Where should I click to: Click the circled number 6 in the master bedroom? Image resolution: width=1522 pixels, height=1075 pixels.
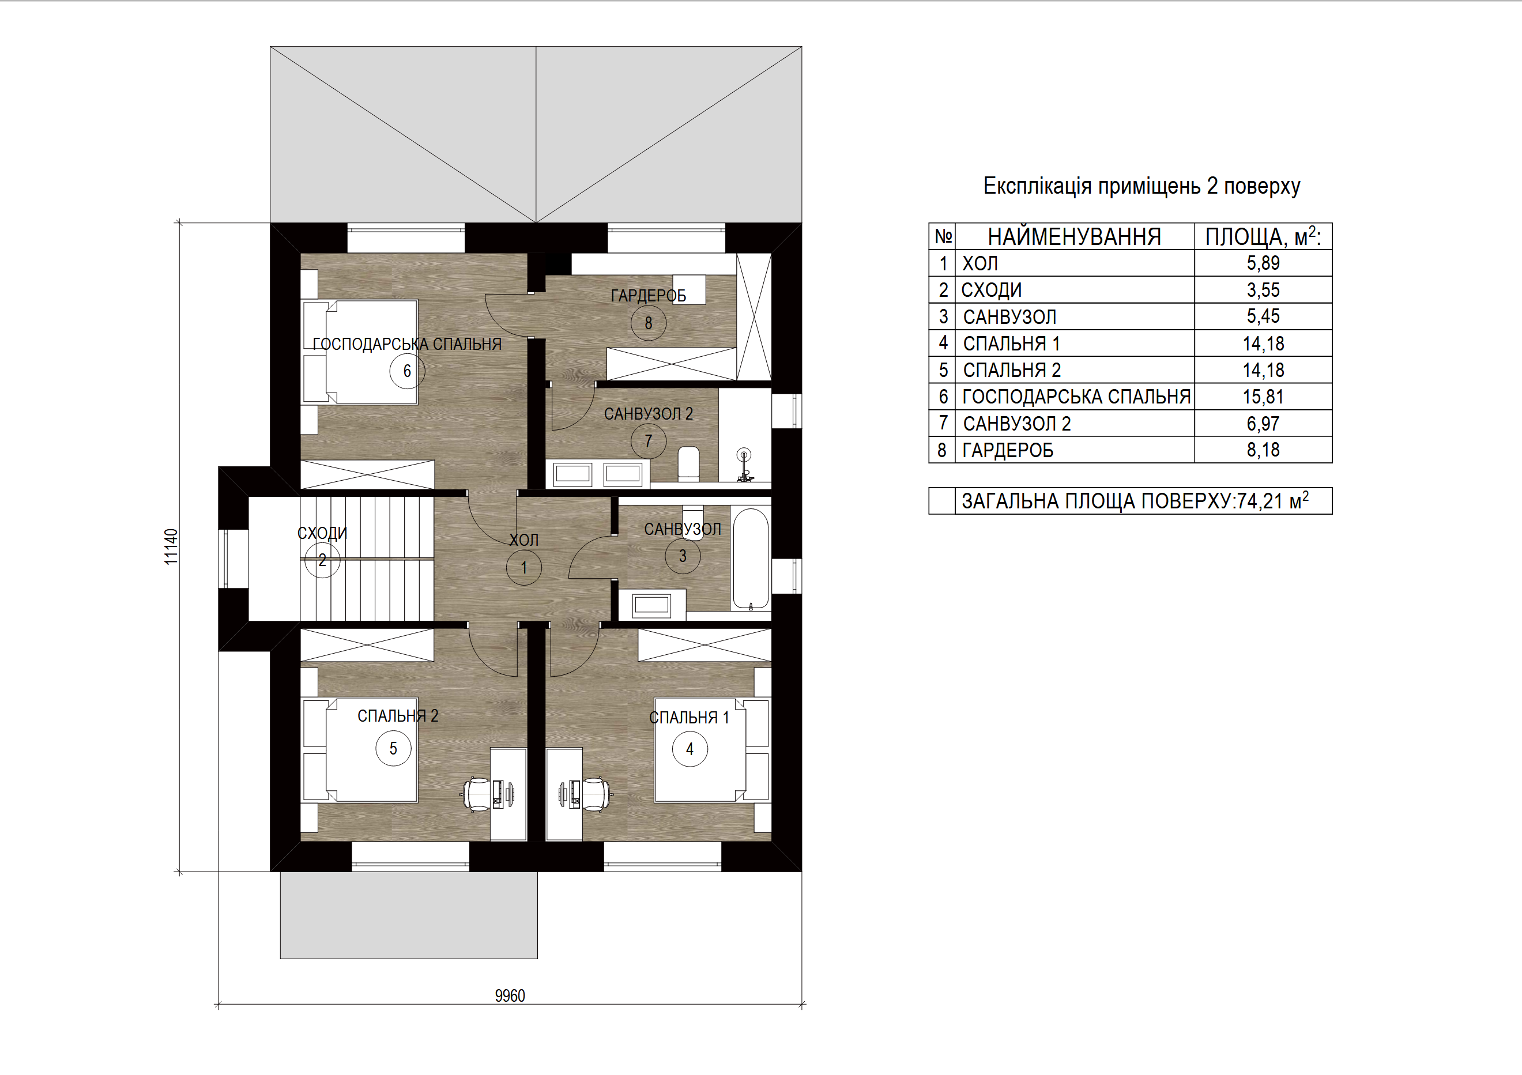click(407, 371)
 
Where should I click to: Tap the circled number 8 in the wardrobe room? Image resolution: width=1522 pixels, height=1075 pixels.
click(649, 323)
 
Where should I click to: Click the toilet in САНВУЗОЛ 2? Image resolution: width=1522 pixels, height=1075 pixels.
click(689, 464)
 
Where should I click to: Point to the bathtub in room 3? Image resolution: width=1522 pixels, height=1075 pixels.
click(751, 558)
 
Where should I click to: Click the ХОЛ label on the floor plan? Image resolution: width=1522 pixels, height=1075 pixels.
click(523, 540)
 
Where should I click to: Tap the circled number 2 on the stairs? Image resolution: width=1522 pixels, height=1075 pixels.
click(322, 560)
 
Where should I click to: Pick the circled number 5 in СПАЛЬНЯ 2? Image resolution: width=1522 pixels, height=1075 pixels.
click(393, 748)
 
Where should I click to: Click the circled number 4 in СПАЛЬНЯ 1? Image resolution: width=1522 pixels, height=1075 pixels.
click(690, 749)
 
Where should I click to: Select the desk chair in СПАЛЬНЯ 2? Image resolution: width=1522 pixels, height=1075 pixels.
click(476, 794)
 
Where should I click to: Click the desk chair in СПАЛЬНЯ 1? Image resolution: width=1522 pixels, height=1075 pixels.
click(596, 794)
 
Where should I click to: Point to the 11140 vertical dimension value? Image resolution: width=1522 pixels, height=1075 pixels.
click(171, 547)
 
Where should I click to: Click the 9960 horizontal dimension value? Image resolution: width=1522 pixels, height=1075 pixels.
click(510, 995)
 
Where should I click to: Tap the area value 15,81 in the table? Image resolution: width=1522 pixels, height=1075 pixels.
click(1263, 397)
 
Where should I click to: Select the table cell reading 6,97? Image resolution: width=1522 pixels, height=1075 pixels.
click(1263, 424)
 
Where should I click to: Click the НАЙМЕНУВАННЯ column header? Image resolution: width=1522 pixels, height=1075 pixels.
click(1074, 236)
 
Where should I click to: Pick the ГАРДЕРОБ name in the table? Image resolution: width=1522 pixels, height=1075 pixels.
click(1008, 451)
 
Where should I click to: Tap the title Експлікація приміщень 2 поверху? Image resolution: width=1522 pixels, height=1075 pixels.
click(1141, 186)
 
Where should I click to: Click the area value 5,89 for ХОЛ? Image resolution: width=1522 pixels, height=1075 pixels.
click(1263, 263)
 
